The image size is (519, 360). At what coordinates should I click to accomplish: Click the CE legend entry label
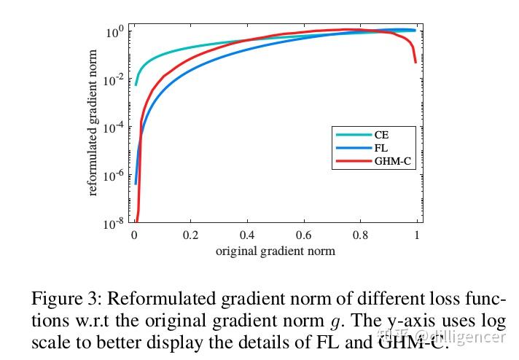(381, 134)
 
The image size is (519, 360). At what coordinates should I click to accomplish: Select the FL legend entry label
(381, 148)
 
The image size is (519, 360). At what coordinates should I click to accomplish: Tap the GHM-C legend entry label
(394, 162)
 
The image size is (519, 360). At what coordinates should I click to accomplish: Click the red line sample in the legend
(353, 162)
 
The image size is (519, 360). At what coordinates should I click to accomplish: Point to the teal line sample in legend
(353, 134)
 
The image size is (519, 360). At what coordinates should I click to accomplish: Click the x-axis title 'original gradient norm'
(275, 252)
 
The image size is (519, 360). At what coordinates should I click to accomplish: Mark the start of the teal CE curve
(136, 85)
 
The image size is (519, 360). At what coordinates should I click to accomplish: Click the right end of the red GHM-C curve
(415, 62)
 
